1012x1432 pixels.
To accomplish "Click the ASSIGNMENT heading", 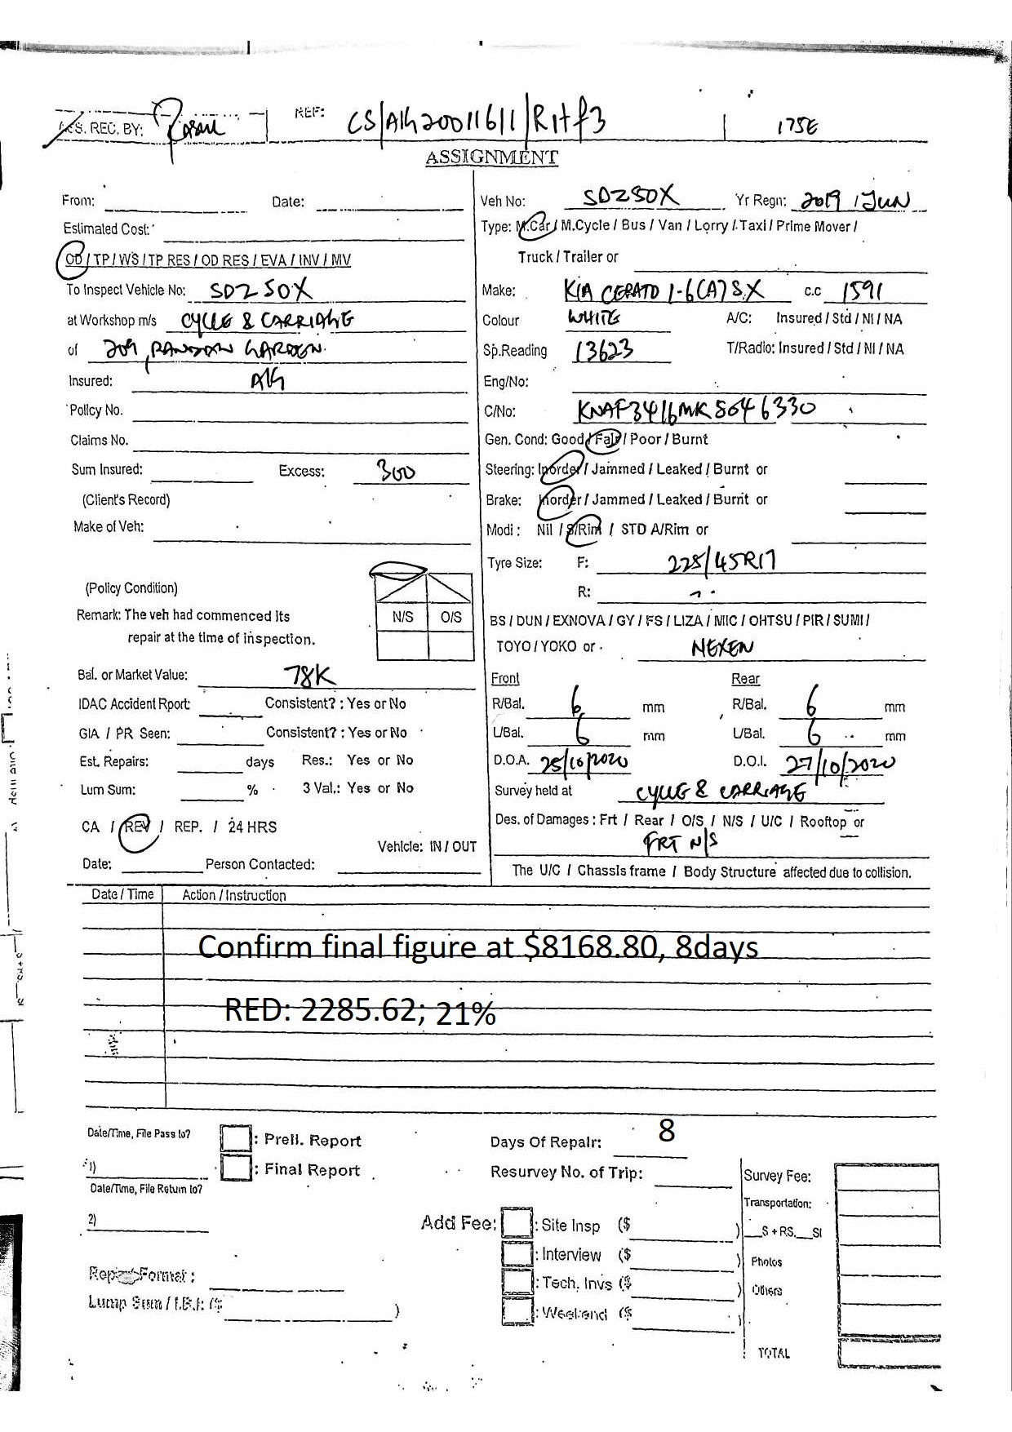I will (491, 157).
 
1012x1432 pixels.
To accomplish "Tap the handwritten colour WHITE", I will (593, 317).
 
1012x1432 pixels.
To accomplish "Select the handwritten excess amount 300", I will (396, 471).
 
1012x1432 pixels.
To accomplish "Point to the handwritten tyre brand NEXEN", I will (722, 648).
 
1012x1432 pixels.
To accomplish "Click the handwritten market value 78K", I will (308, 676).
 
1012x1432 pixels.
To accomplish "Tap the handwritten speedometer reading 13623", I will (605, 351).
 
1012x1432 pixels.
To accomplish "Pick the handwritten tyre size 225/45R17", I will (721, 561).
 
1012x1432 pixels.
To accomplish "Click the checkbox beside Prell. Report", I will (236, 1138).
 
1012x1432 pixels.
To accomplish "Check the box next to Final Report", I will (236, 1168).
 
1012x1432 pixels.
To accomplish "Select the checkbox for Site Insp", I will (517, 1223).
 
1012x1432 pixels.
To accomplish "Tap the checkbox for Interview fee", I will (517, 1253).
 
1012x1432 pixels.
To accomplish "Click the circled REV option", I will (137, 827).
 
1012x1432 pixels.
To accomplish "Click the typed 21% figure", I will (465, 1013).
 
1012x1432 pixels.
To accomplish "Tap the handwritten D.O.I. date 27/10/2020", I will (839, 765).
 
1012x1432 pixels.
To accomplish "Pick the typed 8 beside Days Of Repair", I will (666, 1130).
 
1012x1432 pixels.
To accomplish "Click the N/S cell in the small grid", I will (402, 618).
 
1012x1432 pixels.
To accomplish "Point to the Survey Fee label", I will (777, 1176).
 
